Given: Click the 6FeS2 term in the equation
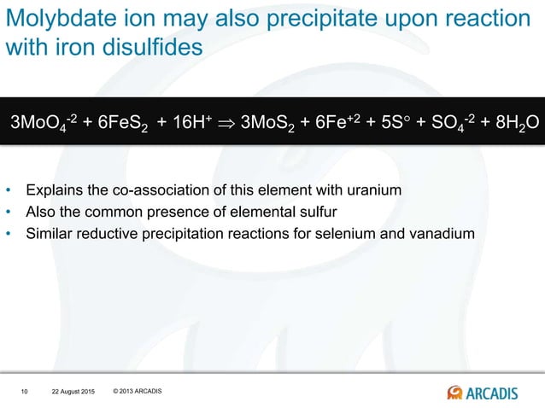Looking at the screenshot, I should point(121,121).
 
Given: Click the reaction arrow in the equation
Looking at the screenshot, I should point(223,121).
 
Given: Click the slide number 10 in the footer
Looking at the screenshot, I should point(24,392).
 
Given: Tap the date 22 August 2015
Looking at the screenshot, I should point(71,392).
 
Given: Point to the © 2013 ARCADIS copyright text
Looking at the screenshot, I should point(137,391).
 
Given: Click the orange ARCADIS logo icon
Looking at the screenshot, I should point(455,392).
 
